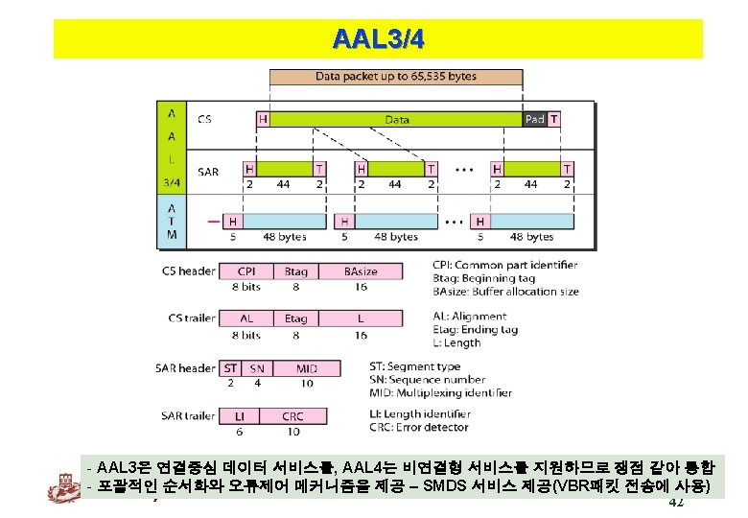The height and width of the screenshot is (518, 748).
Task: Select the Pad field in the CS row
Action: pos(534,119)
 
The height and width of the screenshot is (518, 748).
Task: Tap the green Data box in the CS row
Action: pos(397,119)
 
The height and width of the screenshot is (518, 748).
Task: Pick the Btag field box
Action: pos(295,271)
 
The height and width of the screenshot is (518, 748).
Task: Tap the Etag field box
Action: pos(295,318)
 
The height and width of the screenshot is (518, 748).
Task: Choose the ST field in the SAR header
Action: pos(230,367)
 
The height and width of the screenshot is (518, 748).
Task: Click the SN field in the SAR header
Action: pos(256,367)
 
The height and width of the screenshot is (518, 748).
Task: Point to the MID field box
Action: pos(306,367)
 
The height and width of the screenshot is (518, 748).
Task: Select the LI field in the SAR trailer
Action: pos(239,416)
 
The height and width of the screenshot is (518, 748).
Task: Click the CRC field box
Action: pos(292,416)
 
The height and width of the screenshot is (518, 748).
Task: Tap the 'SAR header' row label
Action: pos(184,367)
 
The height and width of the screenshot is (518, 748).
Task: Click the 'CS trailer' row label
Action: pos(188,318)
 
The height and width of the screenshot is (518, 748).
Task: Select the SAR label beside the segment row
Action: pos(208,172)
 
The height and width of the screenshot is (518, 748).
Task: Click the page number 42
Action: pos(675,503)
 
